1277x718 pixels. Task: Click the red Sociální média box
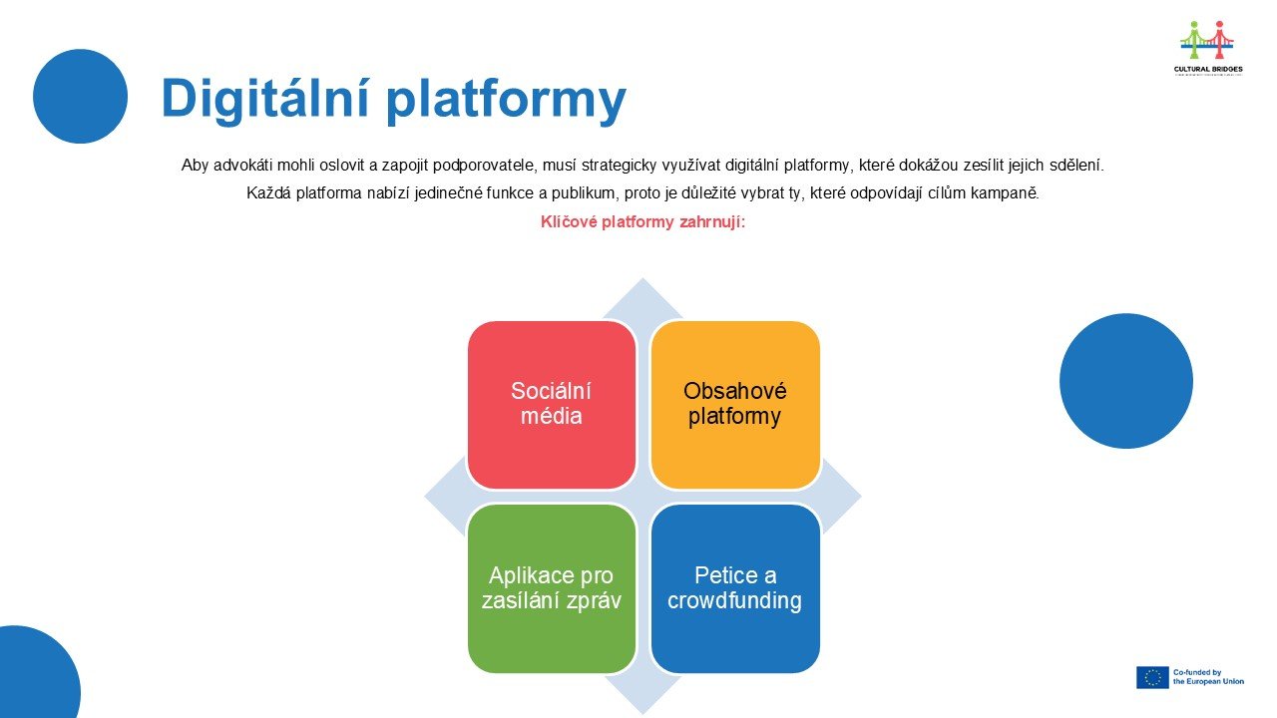coord(551,404)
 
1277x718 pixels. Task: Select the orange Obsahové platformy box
coord(735,404)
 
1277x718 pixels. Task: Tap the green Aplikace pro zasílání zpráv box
coord(551,588)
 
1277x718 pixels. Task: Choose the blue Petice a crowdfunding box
coord(735,588)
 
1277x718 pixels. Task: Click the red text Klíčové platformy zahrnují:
coord(642,222)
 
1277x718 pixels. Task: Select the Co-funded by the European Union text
coord(1208,677)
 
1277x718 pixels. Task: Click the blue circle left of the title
coord(80,96)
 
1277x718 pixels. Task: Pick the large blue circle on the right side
coord(1125,381)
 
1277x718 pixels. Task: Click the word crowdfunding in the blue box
coord(735,601)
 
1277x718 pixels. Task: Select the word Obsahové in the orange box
coord(735,391)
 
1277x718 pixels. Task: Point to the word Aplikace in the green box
coord(528,575)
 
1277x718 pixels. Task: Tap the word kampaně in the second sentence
coord(1009,193)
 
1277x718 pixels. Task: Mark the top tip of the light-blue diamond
coord(642,281)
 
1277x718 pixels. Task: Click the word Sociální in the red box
coord(551,391)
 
